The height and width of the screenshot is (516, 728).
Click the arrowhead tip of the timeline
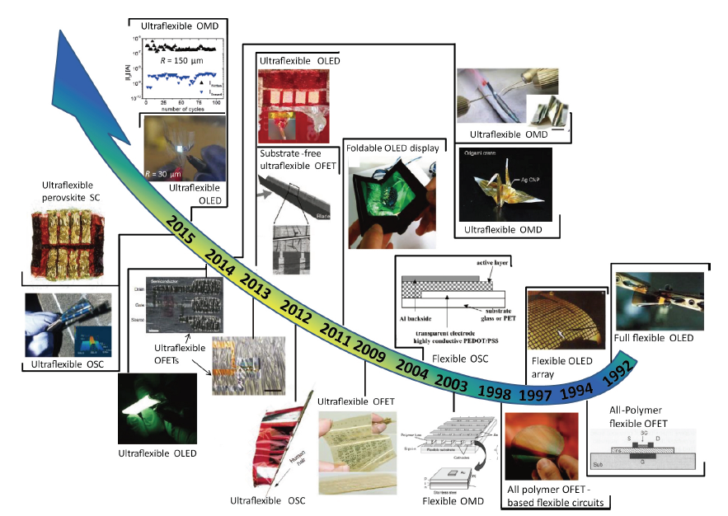(x=59, y=31)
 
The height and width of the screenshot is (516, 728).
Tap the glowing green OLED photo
(x=157, y=410)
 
